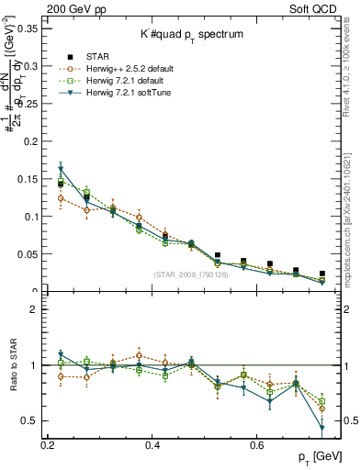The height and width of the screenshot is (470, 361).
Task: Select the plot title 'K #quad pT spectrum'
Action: click(193, 34)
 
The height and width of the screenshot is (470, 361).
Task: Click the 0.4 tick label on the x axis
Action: click(152, 445)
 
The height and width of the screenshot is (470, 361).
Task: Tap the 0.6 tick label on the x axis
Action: click(258, 445)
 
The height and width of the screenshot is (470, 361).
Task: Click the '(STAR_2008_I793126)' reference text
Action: click(193, 274)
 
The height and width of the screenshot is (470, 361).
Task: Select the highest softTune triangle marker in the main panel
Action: click(61, 170)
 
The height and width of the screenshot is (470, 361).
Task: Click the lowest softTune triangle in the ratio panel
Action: click(322, 428)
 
